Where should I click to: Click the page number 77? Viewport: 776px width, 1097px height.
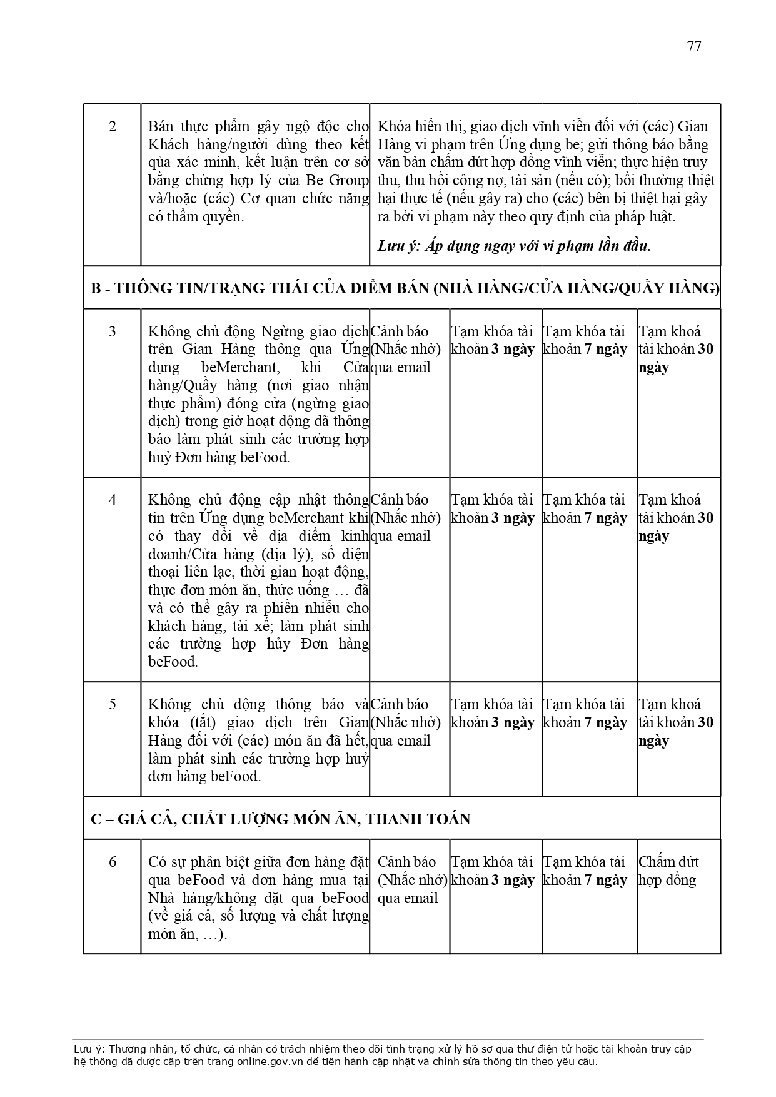click(694, 46)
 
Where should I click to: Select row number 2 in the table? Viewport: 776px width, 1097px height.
click(113, 126)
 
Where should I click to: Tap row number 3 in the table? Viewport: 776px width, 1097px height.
click(113, 331)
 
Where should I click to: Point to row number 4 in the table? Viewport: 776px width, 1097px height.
click(113, 500)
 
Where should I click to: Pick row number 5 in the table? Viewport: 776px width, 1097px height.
click(113, 704)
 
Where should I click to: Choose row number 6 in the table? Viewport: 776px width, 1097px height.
click(113, 862)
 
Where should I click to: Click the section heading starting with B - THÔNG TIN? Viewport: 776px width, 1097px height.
click(405, 288)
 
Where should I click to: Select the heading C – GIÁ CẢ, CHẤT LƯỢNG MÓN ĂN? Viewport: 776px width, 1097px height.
click(280, 819)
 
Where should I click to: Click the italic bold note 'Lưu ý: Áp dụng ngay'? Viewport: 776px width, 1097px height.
click(514, 246)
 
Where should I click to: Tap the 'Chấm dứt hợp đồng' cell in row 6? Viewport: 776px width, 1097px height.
click(668, 871)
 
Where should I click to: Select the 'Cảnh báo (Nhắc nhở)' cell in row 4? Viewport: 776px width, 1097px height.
click(405, 518)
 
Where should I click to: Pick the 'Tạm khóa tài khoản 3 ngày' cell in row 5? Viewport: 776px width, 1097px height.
click(493, 714)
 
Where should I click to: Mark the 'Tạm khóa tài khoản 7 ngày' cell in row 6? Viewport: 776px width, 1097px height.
click(585, 871)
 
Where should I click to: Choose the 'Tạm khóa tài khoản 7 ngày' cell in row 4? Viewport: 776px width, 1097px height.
click(585, 509)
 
